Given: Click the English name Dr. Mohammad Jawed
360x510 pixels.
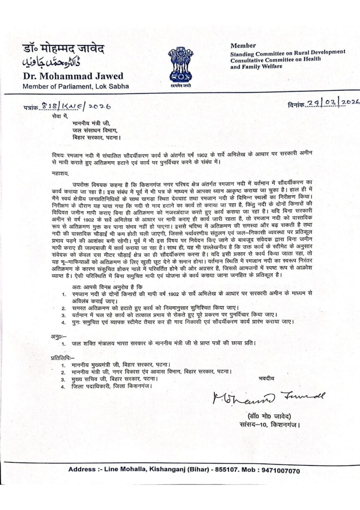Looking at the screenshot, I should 73,76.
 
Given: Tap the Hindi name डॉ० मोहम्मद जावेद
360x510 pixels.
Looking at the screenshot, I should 64,49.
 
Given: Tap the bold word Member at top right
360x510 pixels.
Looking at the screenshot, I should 243,45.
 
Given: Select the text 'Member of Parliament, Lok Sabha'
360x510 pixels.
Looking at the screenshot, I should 75,87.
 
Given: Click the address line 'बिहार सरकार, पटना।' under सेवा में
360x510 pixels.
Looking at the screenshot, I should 96,137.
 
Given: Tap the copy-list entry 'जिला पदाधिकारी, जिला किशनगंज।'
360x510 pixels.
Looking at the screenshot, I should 111,386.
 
